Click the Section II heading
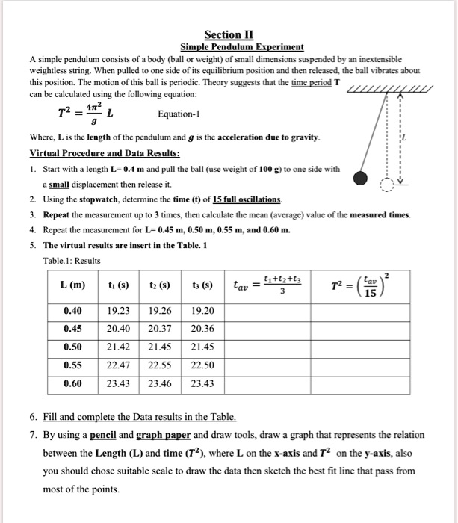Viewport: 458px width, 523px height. [x=229, y=34]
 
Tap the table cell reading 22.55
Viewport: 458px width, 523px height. [x=161, y=367]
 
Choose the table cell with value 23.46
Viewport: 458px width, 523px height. [x=161, y=385]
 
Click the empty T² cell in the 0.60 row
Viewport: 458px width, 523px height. [x=362, y=385]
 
